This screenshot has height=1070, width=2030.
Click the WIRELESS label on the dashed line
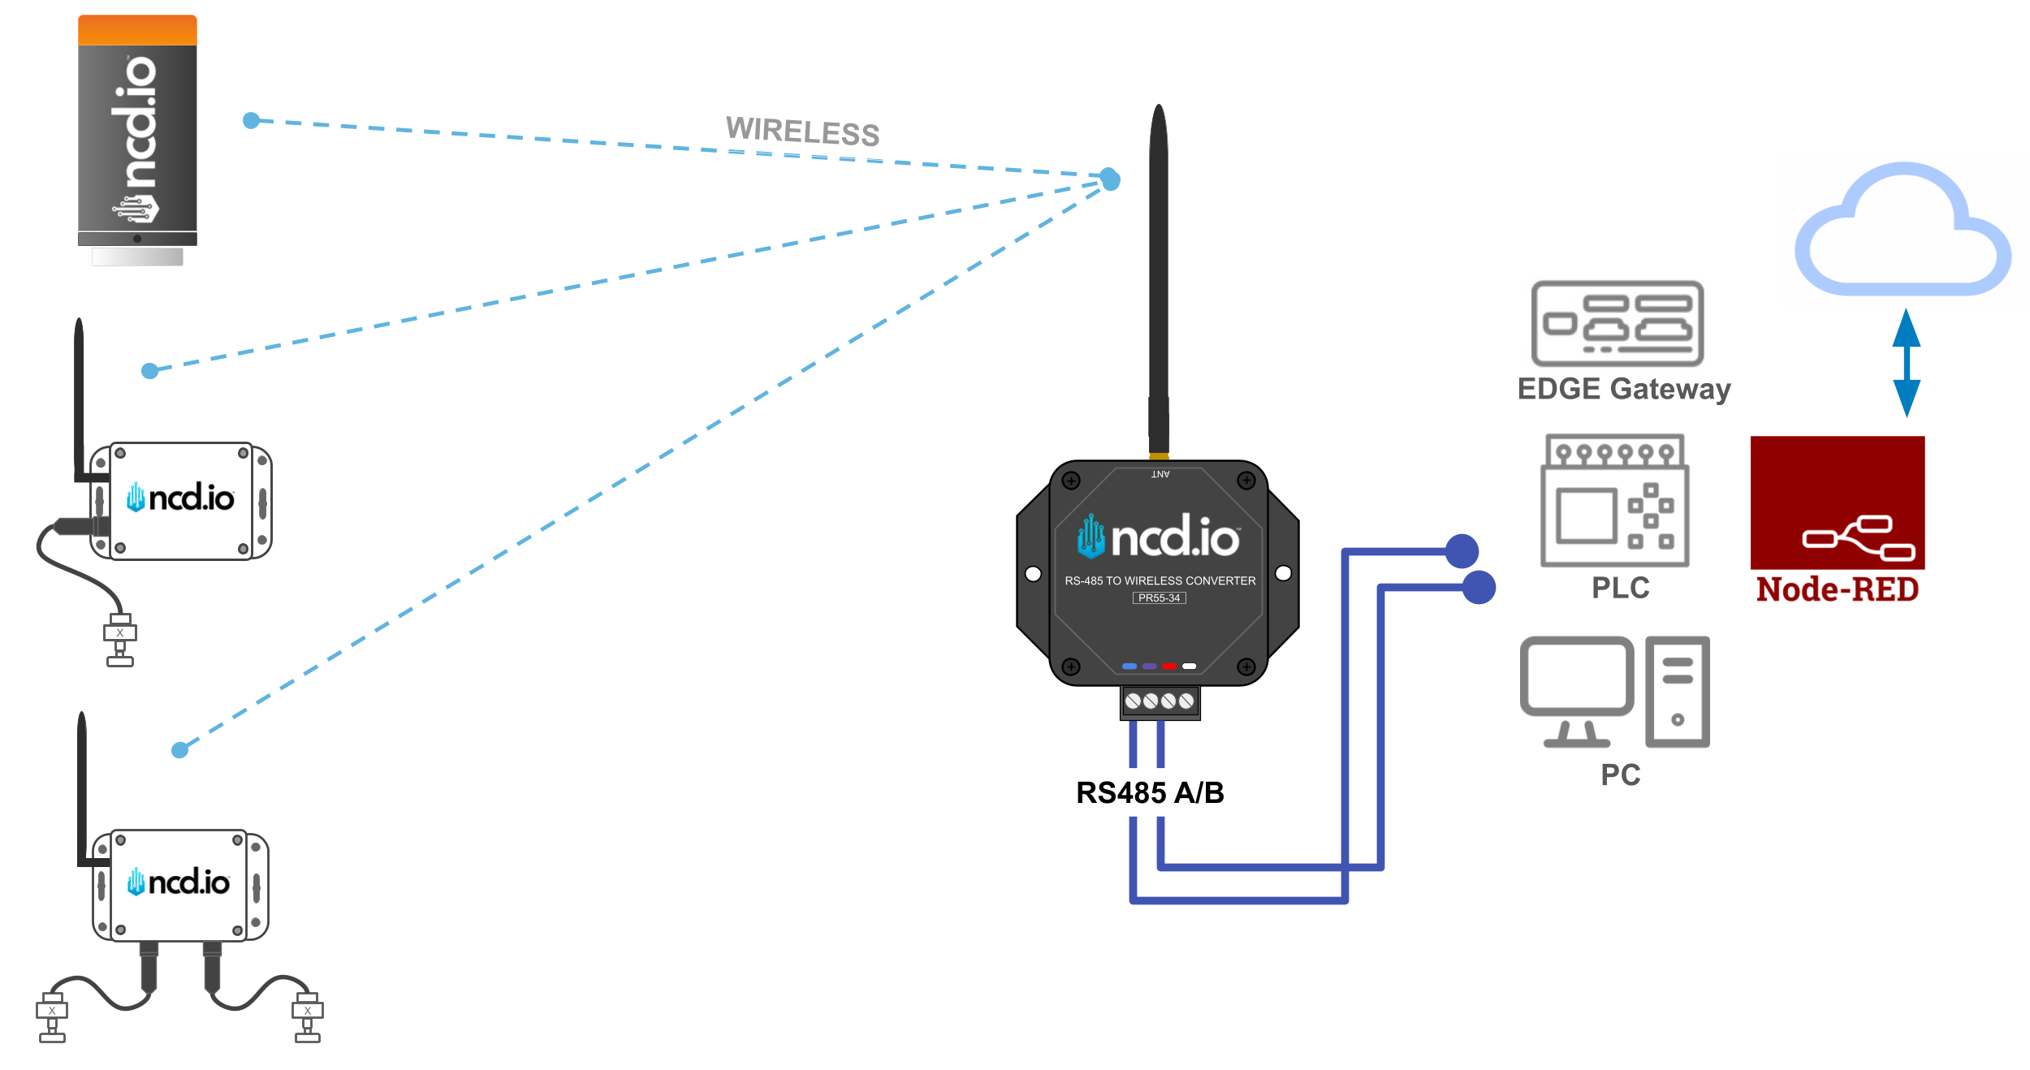pyautogui.click(x=802, y=132)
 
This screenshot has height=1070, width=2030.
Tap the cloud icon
pyautogui.click(x=1903, y=231)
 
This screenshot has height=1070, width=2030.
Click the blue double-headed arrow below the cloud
pyautogui.click(x=1906, y=362)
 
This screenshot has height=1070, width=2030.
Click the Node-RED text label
pyautogui.click(x=1837, y=589)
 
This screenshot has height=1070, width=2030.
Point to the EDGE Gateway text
pyautogui.click(x=1624, y=389)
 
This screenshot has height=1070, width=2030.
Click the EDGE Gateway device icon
pyautogui.click(x=1617, y=323)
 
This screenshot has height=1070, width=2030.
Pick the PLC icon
pyautogui.click(x=1615, y=501)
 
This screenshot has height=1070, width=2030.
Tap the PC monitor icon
pyautogui.click(x=1576, y=690)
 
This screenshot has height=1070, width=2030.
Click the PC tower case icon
pyautogui.click(x=1677, y=691)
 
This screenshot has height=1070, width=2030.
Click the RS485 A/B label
pyautogui.click(x=1150, y=792)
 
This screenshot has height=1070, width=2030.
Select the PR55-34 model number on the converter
pyautogui.click(x=1159, y=598)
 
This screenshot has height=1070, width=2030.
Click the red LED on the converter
pyautogui.click(x=1169, y=666)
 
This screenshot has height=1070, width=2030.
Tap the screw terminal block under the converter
pyautogui.click(x=1160, y=701)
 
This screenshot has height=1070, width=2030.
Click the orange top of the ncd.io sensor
pyautogui.click(x=137, y=30)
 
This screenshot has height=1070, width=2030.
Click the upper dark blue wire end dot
pyautogui.click(x=1462, y=552)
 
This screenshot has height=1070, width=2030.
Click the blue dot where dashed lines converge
pyautogui.click(x=1110, y=179)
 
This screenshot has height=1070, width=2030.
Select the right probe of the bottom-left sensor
pyautogui.click(x=307, y=1016)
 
